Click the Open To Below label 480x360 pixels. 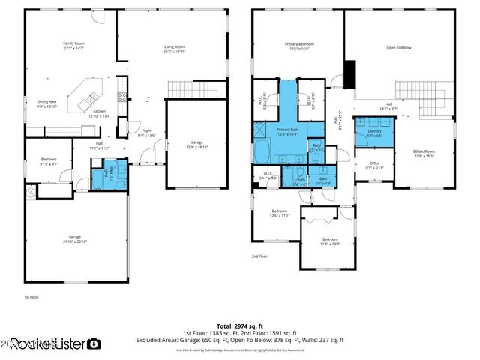tap(399, 47)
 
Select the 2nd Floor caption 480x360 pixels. tap(259, 256)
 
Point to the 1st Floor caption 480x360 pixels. tap(31, 298)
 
